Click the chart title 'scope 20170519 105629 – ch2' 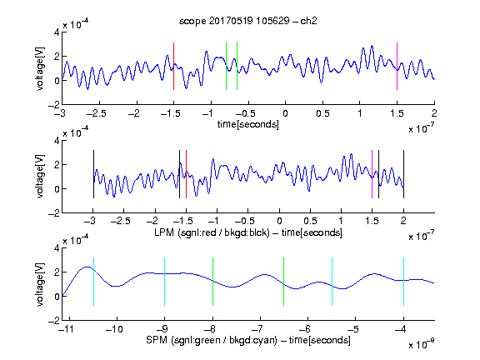[248, 21]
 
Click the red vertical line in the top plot [174, 66]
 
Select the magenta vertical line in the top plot [397, 66]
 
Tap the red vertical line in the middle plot [186, 174]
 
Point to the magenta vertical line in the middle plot [372, 174]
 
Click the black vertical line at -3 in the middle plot [93, 174]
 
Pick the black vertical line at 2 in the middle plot [403, 174]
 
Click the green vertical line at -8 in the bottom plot [212, 282]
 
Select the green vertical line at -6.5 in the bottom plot [284, 282]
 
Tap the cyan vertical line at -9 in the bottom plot [165, 282]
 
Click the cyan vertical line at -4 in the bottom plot [403, 282]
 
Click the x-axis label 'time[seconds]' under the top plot [248, 125]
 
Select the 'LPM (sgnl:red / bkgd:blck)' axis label [212, 232]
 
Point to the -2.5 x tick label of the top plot [96, 113]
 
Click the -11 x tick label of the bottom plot [66, 329]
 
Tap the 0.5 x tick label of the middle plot [310, 222]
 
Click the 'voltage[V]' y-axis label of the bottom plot [40, 284]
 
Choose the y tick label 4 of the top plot [57, 32]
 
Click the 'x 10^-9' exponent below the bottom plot [422, 344]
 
